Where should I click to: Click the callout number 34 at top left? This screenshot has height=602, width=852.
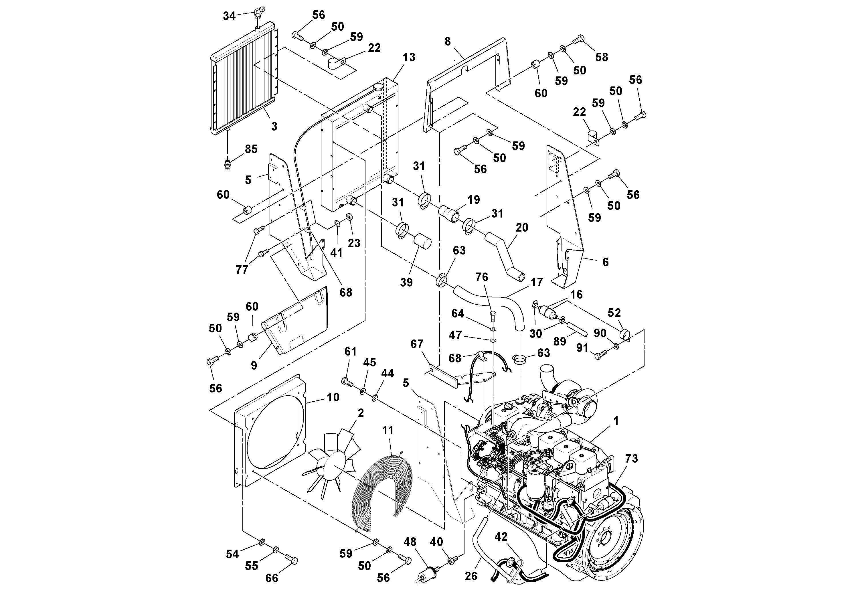click(229, 16)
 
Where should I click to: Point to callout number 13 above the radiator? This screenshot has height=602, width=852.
click(409, 57)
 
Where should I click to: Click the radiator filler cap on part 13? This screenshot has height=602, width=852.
click(379, 87)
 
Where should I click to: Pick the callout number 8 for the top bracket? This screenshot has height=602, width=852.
click(448, 41)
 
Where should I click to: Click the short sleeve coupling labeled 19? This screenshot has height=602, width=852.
click(449, 214)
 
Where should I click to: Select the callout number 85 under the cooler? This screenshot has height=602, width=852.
click(251, 149)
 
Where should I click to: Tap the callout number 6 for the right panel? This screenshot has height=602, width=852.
click(605, 262)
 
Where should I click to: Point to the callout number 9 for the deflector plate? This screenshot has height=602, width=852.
click(254, 365)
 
